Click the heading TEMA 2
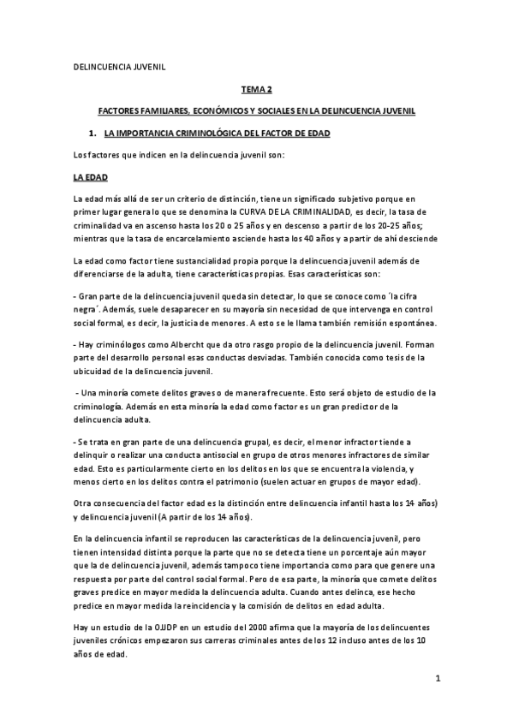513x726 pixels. pos(256,88)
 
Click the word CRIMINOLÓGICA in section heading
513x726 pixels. pos(208,134)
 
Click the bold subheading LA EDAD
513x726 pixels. pos(89,178)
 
